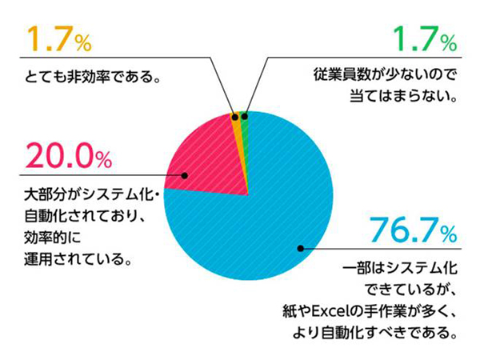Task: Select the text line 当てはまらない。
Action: [x=408, y=99]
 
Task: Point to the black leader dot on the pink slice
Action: [x=186, y=176]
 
